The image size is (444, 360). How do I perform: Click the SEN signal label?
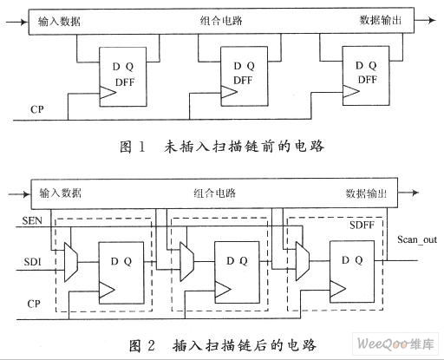click(x=32, y=220)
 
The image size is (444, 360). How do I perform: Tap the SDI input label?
click(x=33, y=262)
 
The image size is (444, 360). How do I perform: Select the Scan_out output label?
click(x=417, y=239)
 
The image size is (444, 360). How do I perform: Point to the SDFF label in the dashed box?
click(x=362, y=225)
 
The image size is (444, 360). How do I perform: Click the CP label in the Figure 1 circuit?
click(x=37, y=109)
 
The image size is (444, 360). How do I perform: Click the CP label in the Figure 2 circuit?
click(x=34, y=304)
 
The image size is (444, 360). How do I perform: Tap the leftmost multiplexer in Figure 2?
click(x=71, y=262)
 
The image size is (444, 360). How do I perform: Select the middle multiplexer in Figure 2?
click(x=187, y=262)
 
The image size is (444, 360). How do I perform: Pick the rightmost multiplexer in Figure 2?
click(x=303, y=261)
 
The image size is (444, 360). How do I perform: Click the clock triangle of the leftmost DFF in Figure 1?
click(x=108, y=93)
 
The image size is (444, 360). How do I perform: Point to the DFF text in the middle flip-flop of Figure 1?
click(x=243, y=81)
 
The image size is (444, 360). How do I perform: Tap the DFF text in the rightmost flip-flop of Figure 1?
click(x=368, y=80)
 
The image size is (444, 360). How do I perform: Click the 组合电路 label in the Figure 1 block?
click(x=221, y=21)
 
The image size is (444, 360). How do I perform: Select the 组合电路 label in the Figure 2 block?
click(x=215, y=193)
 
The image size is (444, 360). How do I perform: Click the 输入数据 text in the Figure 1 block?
click(x=59, y=22)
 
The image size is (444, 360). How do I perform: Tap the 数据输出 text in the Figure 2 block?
click(x=366, y=193)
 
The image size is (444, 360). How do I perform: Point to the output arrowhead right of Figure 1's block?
click(x=433, y=20)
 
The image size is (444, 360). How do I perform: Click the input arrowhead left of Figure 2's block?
click(x=27, y=194)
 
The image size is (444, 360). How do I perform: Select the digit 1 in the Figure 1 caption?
click(x=142, y=147)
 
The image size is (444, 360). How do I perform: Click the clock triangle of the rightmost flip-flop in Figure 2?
click(x=338, y=289)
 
